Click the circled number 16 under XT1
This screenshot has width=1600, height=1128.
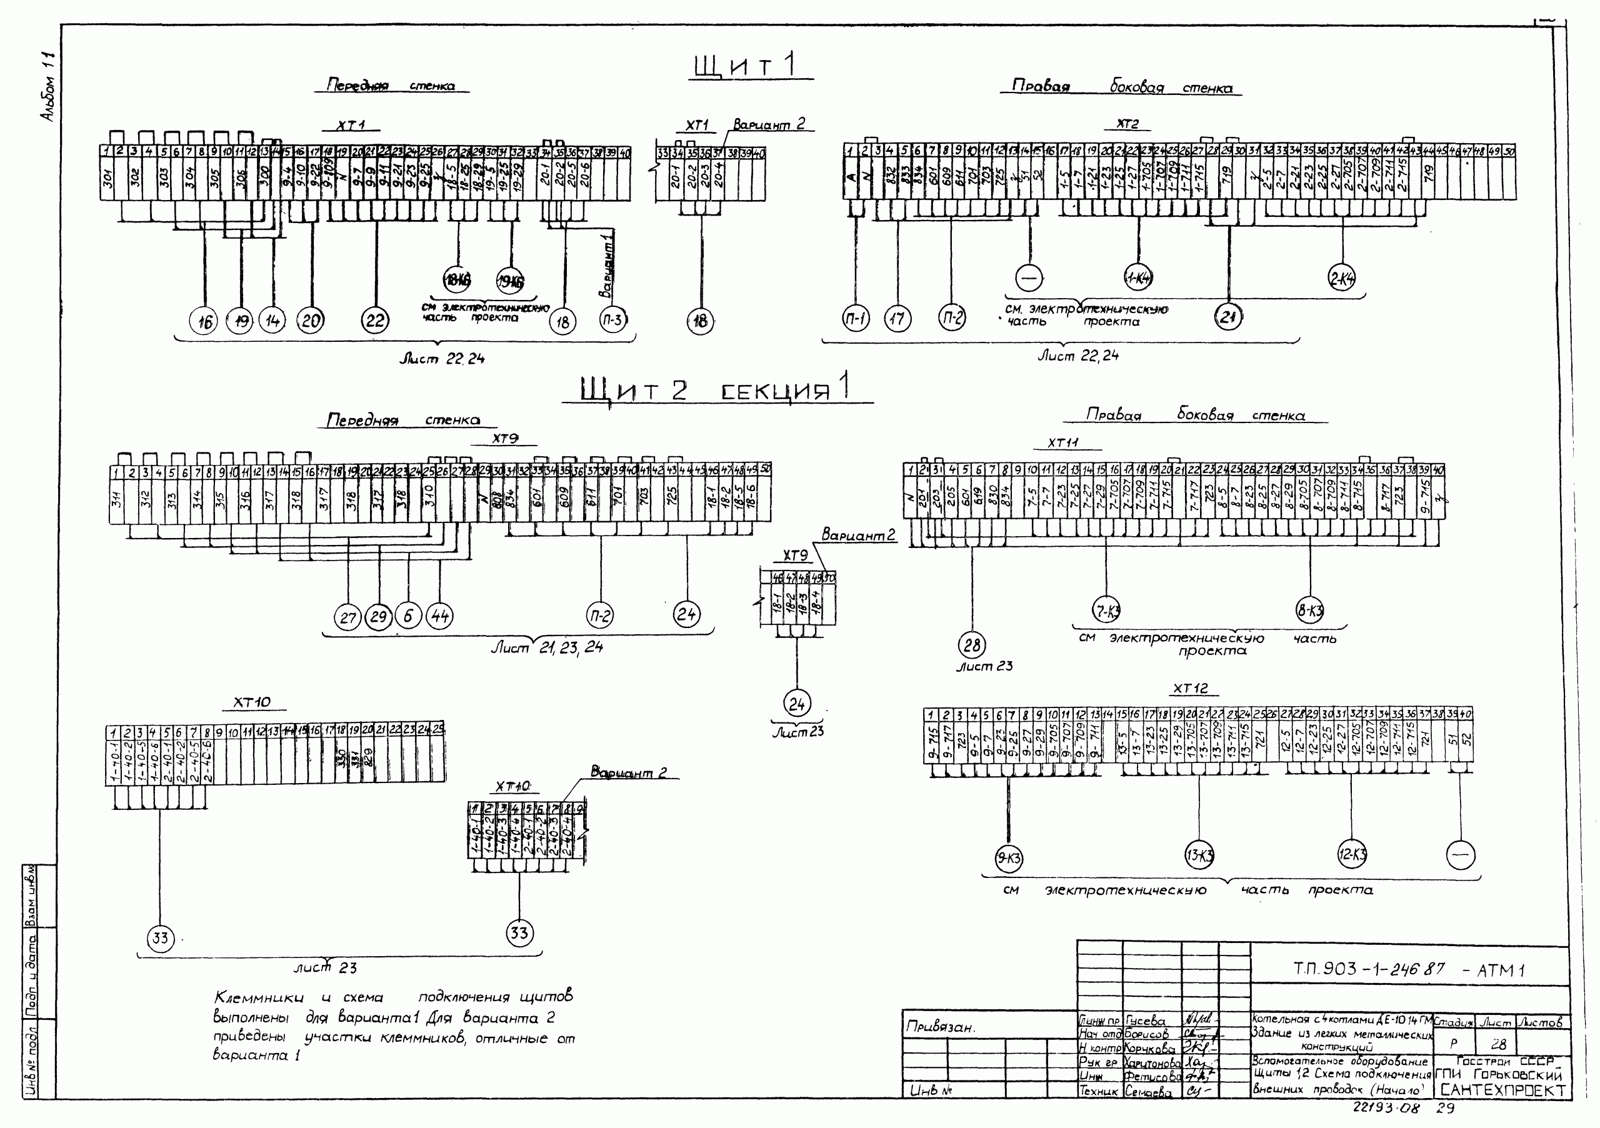tap(204, 321)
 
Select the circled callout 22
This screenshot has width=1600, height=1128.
tap(375, 321)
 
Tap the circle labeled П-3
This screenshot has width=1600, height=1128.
tap(612, 320)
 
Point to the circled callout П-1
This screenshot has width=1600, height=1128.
tap(855, 319)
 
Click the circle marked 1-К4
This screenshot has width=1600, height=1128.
tap(1138, 279)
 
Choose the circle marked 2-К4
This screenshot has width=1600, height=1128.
tap(1341, 278)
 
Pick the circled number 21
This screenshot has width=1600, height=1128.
tap(1228, 317)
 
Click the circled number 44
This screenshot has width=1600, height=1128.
tap(439, 616)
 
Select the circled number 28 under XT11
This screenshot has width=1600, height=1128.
tap(971, 644)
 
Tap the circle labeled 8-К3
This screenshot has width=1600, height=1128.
tap(1309, 611)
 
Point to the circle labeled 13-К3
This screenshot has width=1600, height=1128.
tap(1199, 855)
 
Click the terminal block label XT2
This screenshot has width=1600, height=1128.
tap(1127, 124)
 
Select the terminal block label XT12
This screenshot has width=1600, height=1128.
tap(1190, 689)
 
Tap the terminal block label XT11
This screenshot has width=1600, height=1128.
tap(1062, 442)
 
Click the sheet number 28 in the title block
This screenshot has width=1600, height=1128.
tap(1498, 1044)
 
